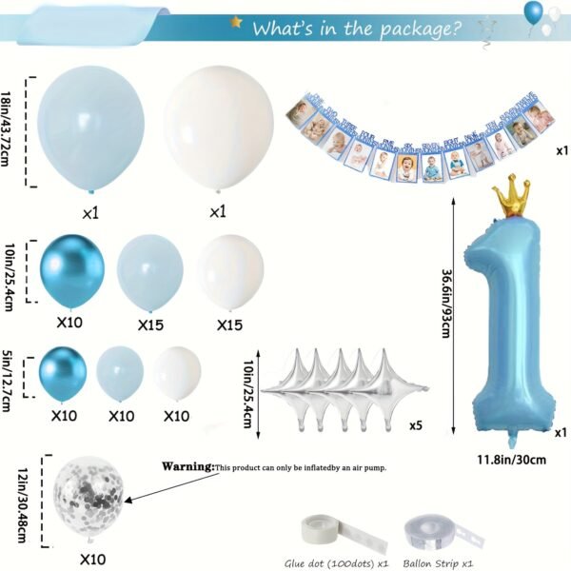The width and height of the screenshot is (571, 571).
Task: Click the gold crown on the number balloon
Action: point(510,195)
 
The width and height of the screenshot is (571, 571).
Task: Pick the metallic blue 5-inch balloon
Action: point(63,372)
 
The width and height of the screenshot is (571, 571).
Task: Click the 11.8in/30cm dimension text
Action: point(511,461)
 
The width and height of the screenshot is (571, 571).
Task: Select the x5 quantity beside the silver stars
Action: point(416,424)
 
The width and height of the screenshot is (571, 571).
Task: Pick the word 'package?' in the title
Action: point(417,28)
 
